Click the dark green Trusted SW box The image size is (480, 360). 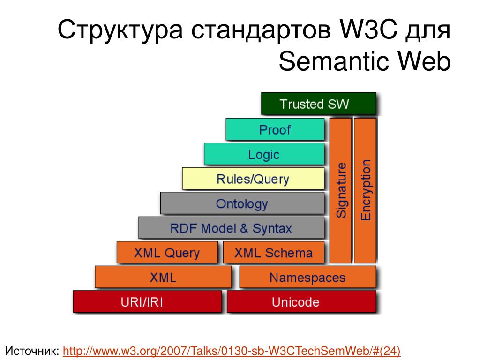click(318, 104)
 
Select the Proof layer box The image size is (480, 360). click(275, 129)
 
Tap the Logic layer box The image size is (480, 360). click(264, 154)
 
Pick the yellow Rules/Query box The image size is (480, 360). click(253, 179)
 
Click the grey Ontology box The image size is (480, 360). click(242, 203)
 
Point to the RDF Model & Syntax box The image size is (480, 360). click(231, 228)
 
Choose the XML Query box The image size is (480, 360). click(167, 252)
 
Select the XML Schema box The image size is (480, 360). click(273, 252)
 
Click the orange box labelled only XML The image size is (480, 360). click(163, 277)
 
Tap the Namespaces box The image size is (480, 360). click(307, 277)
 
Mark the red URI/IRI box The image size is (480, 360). click(147, 301)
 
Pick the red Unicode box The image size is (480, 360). click(301, 301)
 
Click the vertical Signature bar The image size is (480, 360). click(340, 190)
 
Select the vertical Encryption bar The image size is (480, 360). click(365, 190)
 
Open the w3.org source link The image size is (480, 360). click(232, 351)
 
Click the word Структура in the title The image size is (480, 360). click(120, 30)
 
